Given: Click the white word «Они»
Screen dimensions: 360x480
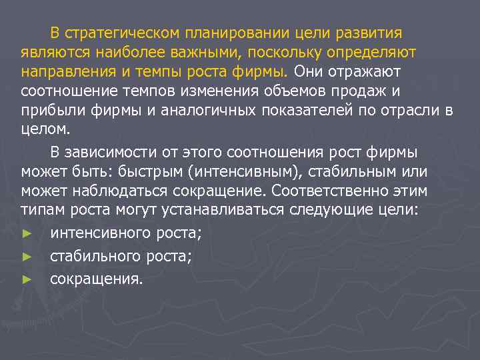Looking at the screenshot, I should [308, 71].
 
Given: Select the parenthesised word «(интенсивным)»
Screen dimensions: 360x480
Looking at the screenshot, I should [245, 172].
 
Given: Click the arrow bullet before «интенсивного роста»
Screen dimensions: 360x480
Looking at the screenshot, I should [27, 235].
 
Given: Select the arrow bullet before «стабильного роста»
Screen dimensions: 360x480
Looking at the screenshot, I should [27, 257].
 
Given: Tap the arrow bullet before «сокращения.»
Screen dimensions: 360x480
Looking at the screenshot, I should [27, 279].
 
